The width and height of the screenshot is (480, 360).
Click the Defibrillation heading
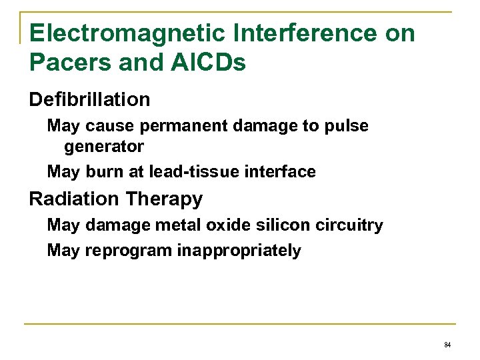(x=89, y=100)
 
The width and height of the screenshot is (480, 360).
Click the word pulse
(x=349, y=126)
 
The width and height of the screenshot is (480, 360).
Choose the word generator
(x=104, y=145)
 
